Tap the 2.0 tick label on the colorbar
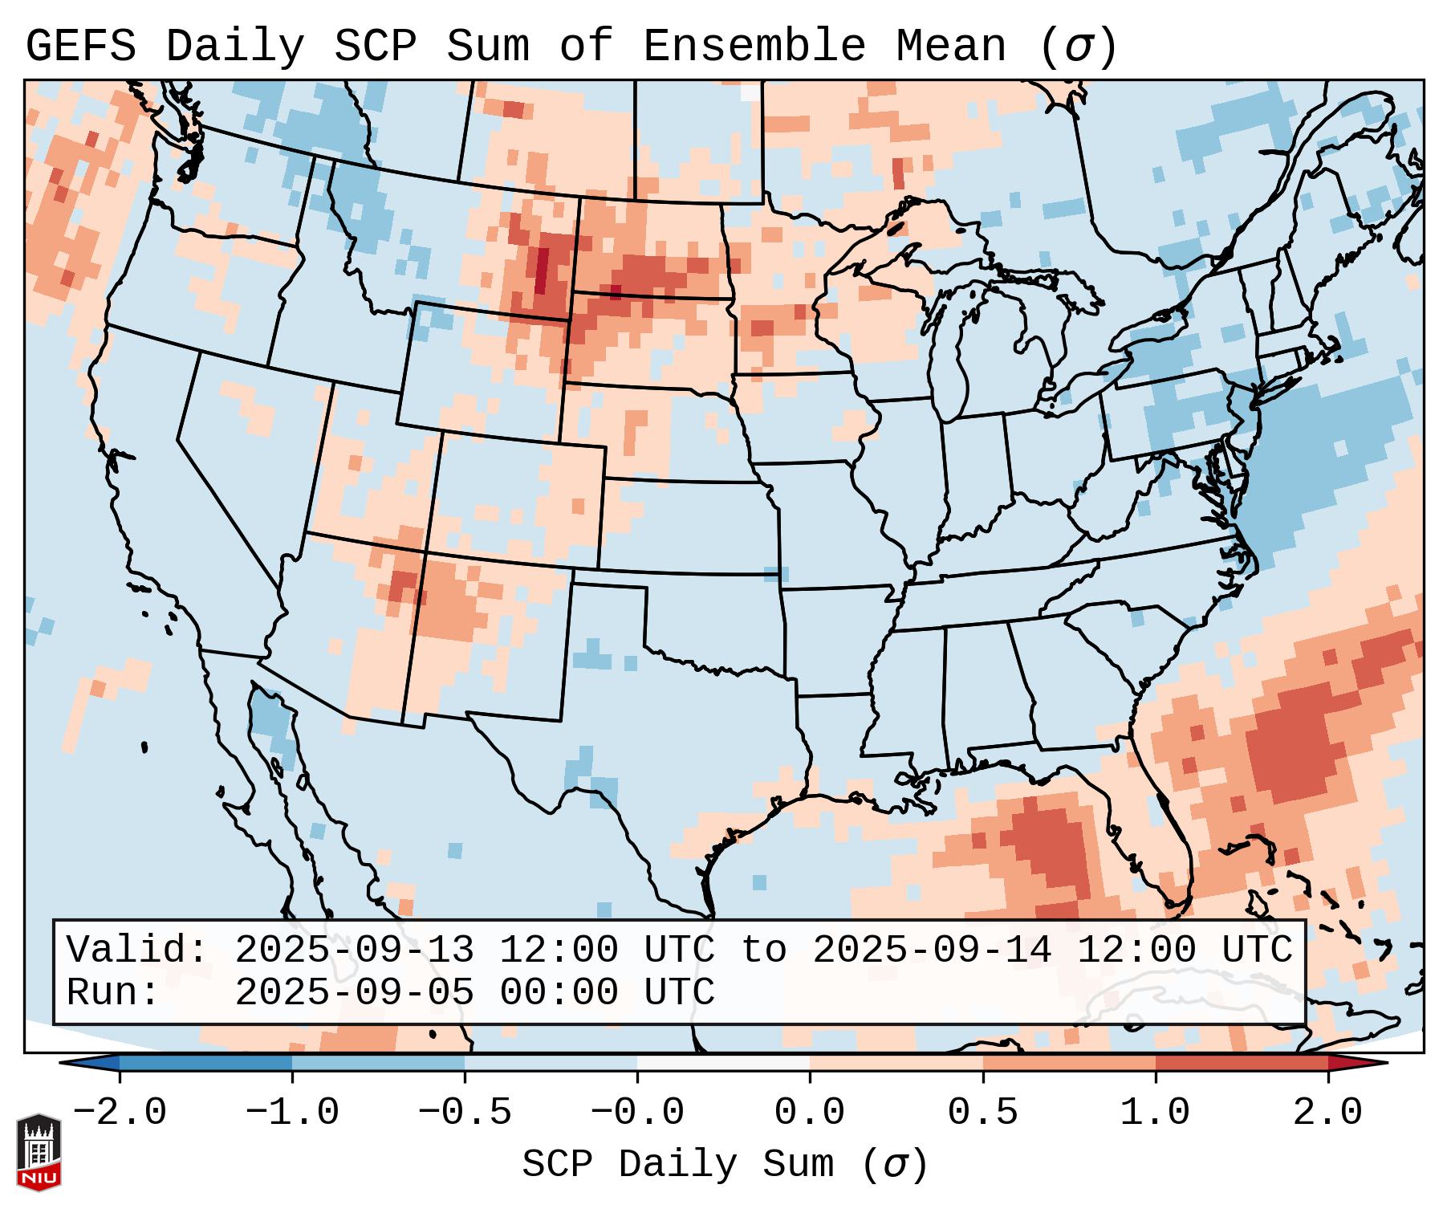point(1327,1113)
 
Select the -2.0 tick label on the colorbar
point(120,1113)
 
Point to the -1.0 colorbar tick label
point(292,1113)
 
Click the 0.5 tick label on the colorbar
point(982,1113)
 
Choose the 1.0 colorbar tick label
point(1155,1113)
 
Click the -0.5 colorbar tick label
point(465,1113)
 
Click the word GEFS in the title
point(81,46)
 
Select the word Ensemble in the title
point(754,46)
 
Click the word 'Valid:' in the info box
point(137,950)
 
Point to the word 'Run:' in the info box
point(113,992)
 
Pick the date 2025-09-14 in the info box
point(932,950)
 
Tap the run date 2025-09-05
point(354,992)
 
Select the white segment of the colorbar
point(723,1063)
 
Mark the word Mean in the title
point(951,46)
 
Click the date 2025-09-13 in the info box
point(354,950)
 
